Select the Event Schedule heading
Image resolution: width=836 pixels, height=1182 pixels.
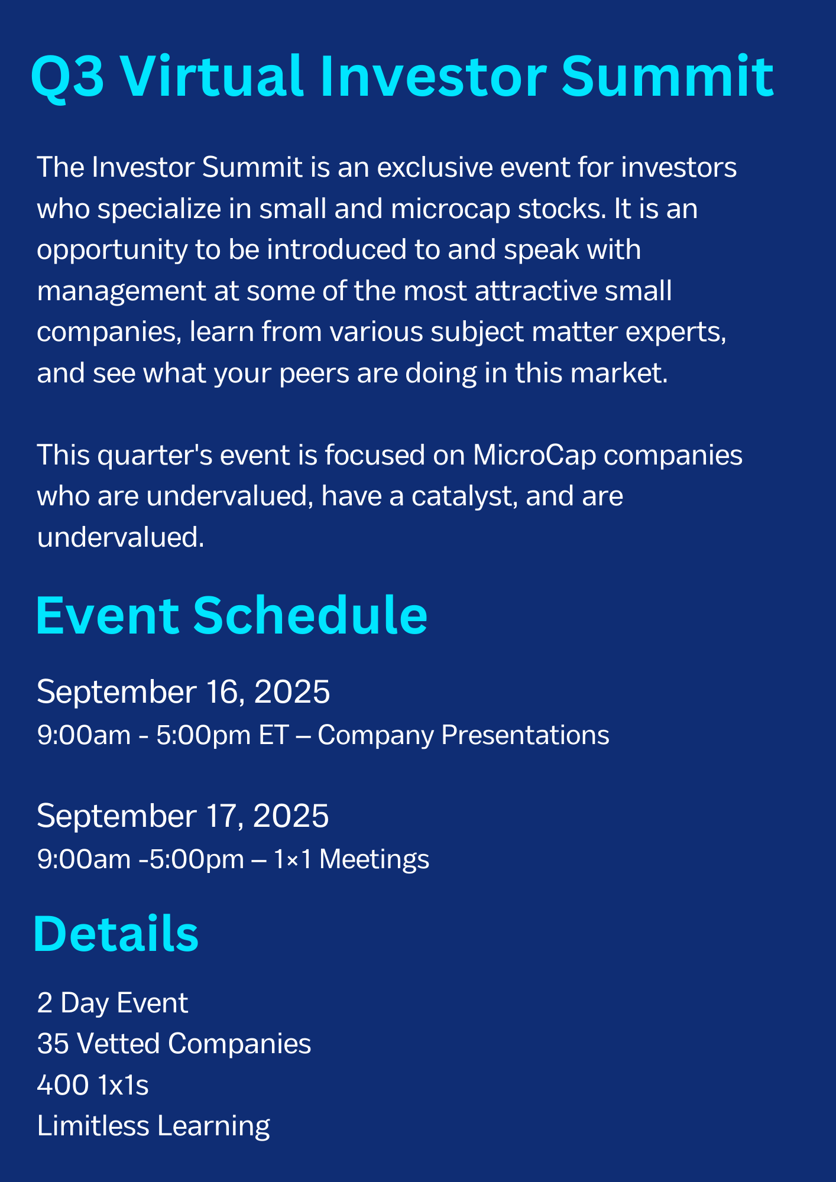point(231,616)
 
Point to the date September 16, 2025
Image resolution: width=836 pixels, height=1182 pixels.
point(183,692)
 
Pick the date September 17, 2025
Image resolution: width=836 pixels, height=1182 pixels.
point(183,816)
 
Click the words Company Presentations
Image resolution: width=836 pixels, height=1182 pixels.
point(464,736)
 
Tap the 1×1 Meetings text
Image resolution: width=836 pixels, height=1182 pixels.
point(351,859)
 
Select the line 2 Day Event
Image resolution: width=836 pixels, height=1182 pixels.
point(112,1004)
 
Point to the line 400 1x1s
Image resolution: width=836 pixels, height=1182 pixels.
point(93,1086)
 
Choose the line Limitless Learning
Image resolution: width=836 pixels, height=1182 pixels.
point(154,1126)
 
